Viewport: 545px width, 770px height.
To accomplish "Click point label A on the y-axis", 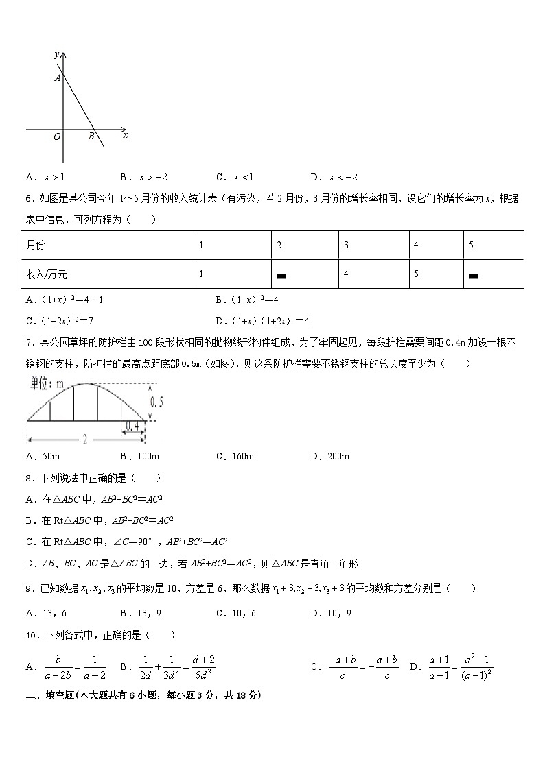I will pyautogui.click(x=58, y=79).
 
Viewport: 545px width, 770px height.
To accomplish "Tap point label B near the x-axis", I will pyautogui.click(x=91, y=136).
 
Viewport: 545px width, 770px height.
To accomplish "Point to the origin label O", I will pyautogui.click(x=57, y=137).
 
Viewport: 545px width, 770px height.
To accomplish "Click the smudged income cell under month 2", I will pyautogui.click(x=281, y=276).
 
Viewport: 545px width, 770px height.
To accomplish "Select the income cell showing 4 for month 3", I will pyautogui.click(x=346, y=274).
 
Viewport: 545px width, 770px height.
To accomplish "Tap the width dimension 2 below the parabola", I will pyautogui.click(x=84, y=440).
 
